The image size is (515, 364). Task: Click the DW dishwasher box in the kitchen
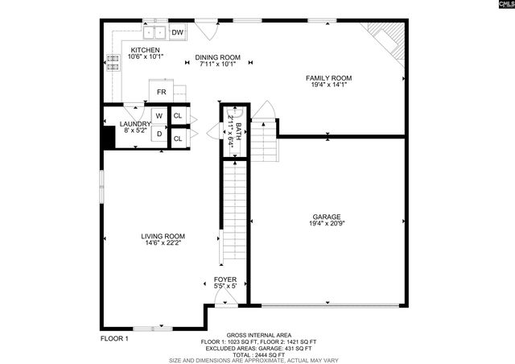click(x=178, y=32)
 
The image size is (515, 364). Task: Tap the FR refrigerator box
click(x=162, y=92)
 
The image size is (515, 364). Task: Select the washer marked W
click(x=159, y=116)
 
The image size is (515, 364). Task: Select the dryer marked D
click(x=159, y=134)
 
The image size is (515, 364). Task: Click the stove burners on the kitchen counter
click(x=113, y=63)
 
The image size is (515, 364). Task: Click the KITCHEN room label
click(x=146, y=49)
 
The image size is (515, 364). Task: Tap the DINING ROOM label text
click(x=218, y=57)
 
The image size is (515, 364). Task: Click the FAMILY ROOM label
click(x=328, y=78)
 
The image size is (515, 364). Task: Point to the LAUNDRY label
click(x=135, y=124)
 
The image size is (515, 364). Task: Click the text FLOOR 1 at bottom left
click(x=113, y=339)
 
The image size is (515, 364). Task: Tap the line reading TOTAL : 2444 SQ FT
click(x=258, y=354)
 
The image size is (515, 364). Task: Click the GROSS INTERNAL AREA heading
click(x=258, y=335)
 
